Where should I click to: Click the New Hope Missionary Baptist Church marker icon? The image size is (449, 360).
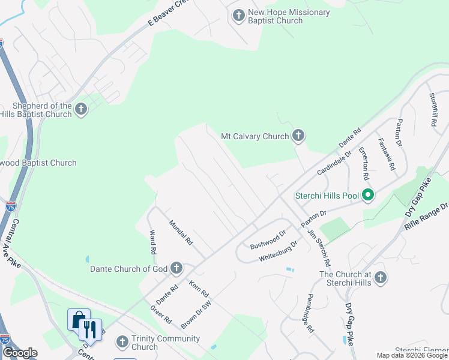(x=239, y=16)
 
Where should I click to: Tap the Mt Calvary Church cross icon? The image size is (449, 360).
(x=298, y=136)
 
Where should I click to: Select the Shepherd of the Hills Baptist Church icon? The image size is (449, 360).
(x=81, y=109)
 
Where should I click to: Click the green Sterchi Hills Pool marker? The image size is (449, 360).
(x=369, y=196)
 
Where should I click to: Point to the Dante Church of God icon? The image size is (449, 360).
(x=176, y=268)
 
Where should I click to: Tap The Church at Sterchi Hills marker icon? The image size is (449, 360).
(x=381, y=278)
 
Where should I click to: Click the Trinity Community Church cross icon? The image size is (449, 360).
(x=122, y=342)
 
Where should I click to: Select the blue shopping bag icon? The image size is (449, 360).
(x=79, y=320)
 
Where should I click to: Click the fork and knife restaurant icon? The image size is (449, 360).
(x=91, y=329)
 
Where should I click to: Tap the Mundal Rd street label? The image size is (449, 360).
(x=180, y=232)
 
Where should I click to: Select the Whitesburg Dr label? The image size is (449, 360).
(x=279, y=251)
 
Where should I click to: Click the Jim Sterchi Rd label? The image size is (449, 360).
(x=319, y=248)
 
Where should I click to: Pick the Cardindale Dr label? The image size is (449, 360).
(x=334, y=162)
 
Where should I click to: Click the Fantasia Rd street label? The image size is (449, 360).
(x=386, y=153)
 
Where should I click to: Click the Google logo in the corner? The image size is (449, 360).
(x=20, y=353)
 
